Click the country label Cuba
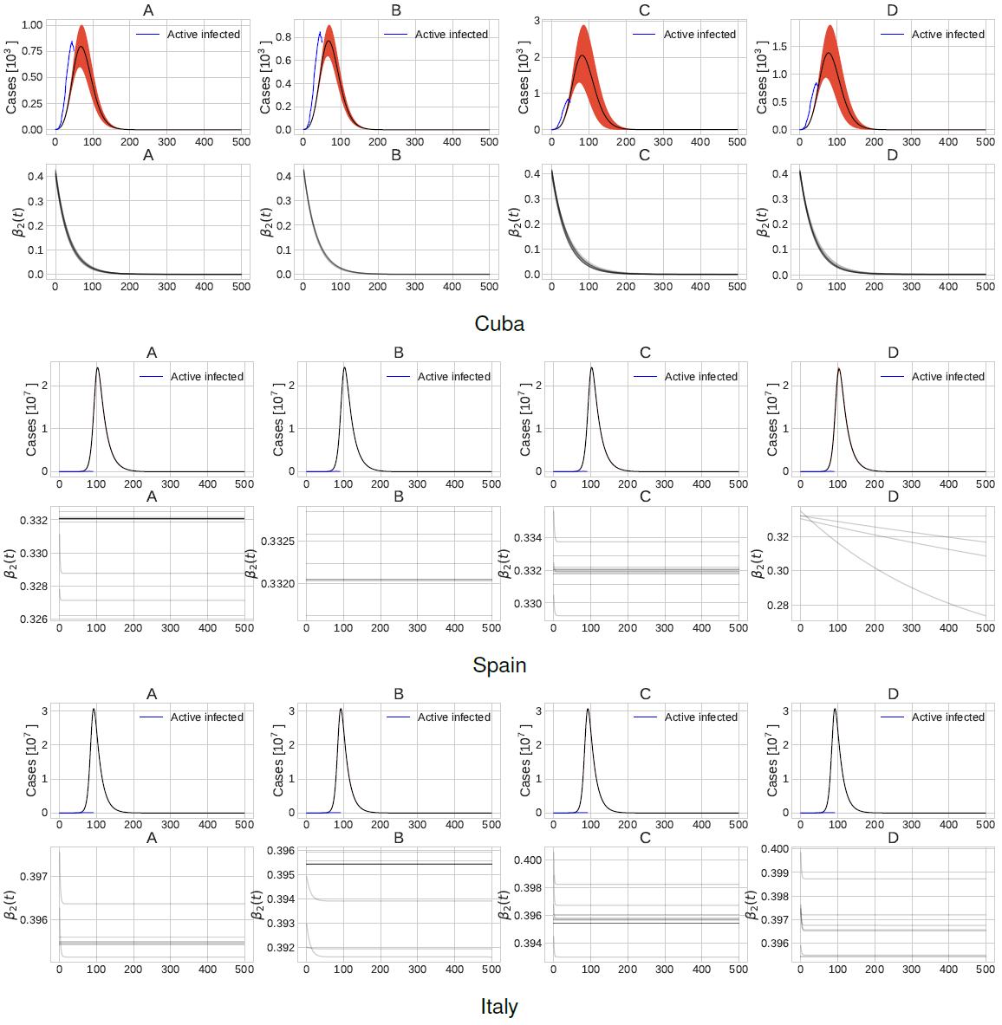click(499, 323)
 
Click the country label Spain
click(499, 665)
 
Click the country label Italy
click(499, 1006)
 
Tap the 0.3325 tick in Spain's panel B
click(278, 542)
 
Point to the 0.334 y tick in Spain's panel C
click(528, 538)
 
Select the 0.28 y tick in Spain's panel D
click(778, 606)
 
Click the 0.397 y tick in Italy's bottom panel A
click(34, 877)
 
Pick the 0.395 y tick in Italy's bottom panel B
click(281, 875)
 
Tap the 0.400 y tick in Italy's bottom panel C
click(528, 860)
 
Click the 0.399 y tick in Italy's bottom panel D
click(775, 873)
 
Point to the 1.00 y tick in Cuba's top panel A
click(31, 25)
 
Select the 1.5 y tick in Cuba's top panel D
click(779, 47)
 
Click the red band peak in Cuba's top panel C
click(583, 26)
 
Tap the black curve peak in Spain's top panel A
click(97, 368)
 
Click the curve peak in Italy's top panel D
click(835, 710)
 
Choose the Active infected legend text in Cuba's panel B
click(451, 35)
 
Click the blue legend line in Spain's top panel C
click(645, 377)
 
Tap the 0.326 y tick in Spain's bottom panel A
click(34, 620)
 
